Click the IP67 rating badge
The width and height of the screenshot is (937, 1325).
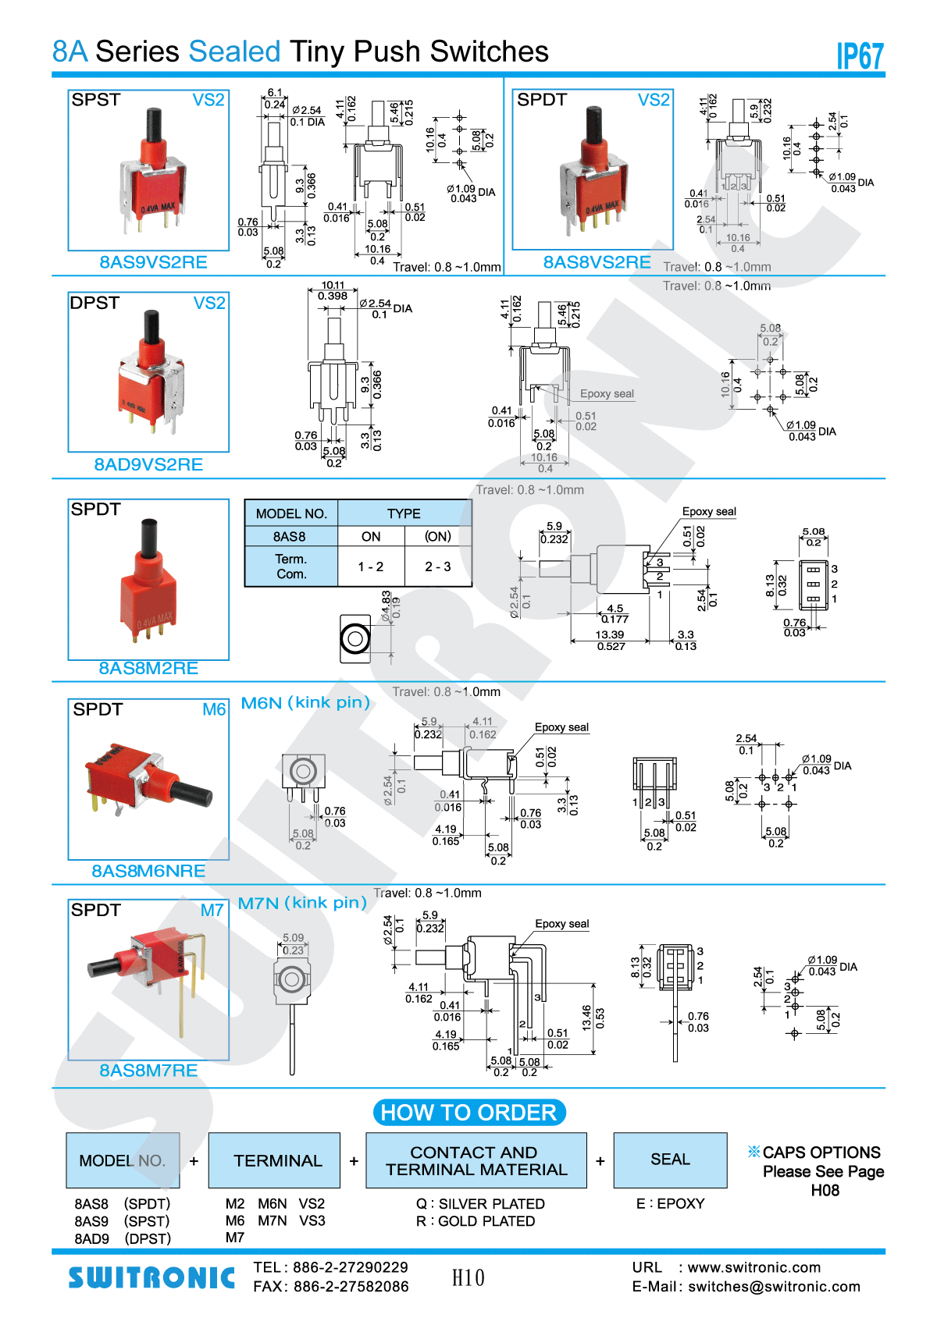[x=860, y=56]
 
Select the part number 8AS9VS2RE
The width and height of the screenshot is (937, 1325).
[x=153, y=262]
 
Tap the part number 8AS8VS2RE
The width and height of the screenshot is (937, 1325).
[x=597, y=262]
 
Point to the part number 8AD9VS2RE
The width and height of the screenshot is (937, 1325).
[x=148, y=465]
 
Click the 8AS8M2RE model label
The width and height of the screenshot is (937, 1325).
[x=148, y=668]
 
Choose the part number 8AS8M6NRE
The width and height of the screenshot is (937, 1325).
[x=148, y=871]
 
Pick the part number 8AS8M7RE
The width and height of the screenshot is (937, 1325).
[x=148, y=1071]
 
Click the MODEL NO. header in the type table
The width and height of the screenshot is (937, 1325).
[x=291, y=513]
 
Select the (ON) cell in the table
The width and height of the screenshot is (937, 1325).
[x=438, y=537]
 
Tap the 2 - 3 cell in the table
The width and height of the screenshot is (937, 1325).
[x=438, y=567]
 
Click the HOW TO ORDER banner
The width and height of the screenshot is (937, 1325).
[x=468, y=1113]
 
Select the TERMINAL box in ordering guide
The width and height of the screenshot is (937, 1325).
[x=277, y=1160]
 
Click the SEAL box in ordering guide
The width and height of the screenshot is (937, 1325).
[x=670, y=1160]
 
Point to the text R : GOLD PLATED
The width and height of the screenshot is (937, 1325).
[x=476, y=1221]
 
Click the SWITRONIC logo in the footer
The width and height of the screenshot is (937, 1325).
[x=151, y=1277]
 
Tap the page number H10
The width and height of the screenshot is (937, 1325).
[x=468, y=1278]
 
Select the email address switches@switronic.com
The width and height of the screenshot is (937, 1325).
[x=774, y=1287]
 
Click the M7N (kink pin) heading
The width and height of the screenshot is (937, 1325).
[x=302, y=903]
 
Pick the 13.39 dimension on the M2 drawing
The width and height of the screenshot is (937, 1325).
[x=609, y=635]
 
